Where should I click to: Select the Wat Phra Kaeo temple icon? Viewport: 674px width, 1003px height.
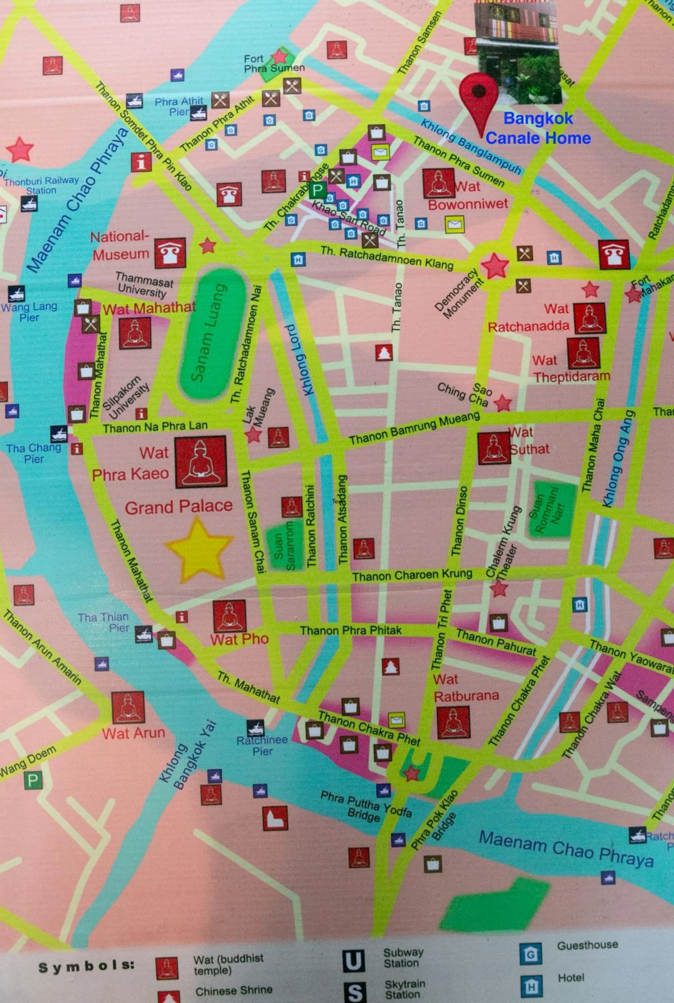coord(201,462)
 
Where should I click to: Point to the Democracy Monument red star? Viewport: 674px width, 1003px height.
coord(495,265)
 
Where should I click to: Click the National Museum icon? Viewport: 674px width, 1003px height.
coord(170,253)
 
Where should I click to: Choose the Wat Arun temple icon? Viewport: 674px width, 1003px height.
coord(128,707)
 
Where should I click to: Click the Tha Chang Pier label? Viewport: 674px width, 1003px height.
coord(33,453)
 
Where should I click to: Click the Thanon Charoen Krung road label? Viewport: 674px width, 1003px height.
coord(412,575)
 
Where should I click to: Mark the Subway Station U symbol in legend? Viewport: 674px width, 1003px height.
coord(354,961)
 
